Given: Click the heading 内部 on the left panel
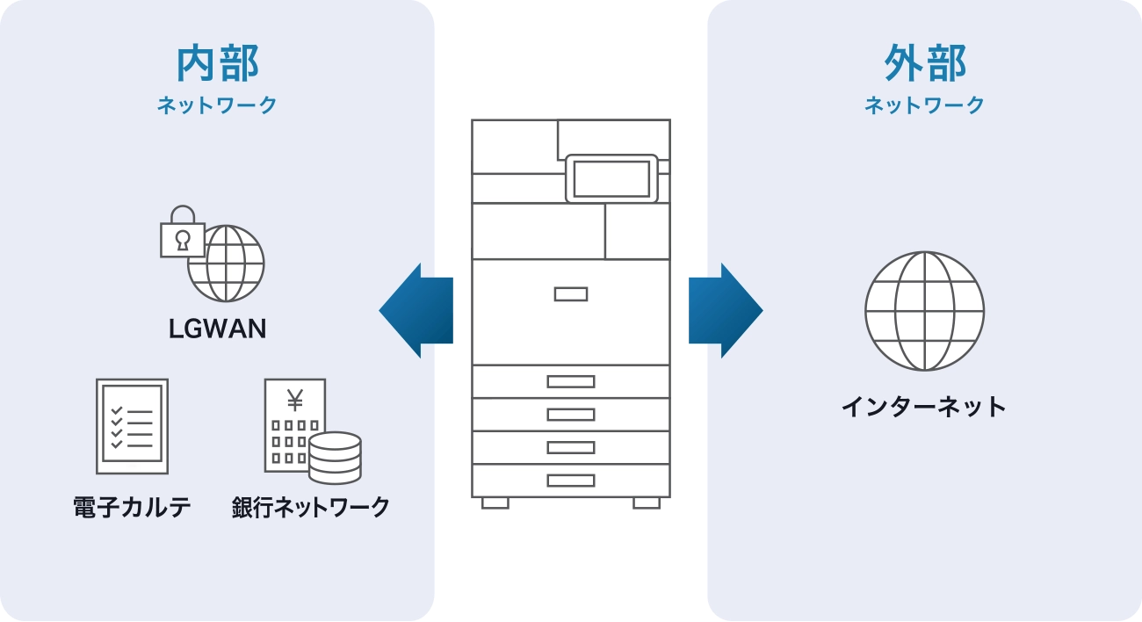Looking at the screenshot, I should tap(217, 64).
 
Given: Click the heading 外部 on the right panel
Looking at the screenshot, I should tap(924, 64).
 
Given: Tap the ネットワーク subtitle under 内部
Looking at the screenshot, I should tap(217, 105).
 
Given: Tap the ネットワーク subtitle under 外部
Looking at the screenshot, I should tap(924, 105).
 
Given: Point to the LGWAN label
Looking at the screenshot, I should tap(217, 329).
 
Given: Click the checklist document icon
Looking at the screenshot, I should tap(132, 426).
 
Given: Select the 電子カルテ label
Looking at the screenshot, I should tap(132, 507).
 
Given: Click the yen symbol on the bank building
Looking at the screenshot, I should tap(294, 401).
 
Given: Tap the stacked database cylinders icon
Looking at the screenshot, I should tap(335, 457).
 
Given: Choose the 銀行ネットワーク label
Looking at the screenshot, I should tap(310, 507).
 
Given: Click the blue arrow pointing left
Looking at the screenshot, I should tap(415, 310).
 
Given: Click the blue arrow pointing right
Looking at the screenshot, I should tap(727, 310).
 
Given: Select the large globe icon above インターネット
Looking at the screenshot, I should tap(924, 311).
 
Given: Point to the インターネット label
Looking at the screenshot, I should tap(924, 407).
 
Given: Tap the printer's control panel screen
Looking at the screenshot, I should tap(611, 178).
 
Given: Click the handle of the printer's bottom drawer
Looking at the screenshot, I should tap(570, 481).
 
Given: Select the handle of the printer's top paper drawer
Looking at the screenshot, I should tap(570, 381).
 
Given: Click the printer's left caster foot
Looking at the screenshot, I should tap(495, 503).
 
